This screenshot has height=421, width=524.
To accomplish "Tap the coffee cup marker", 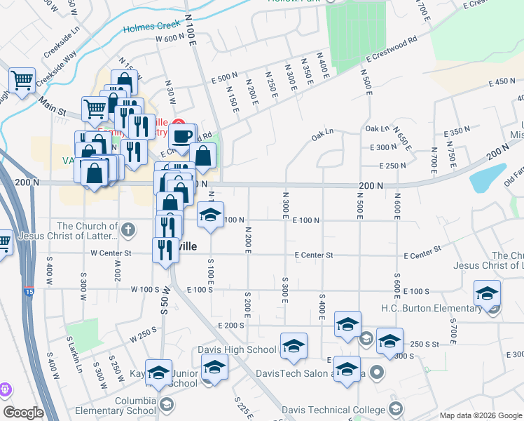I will coord(182,136).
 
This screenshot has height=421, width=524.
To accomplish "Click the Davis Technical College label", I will coord(333,409).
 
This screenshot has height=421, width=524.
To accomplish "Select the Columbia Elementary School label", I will coord(121,406).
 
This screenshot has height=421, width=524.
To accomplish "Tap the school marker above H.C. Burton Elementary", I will coord(488,293).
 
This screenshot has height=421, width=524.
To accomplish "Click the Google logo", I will coord(23,413).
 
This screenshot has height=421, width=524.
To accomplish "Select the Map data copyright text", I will coord(481,415).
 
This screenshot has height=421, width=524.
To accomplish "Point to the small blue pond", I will coord(488,178).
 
